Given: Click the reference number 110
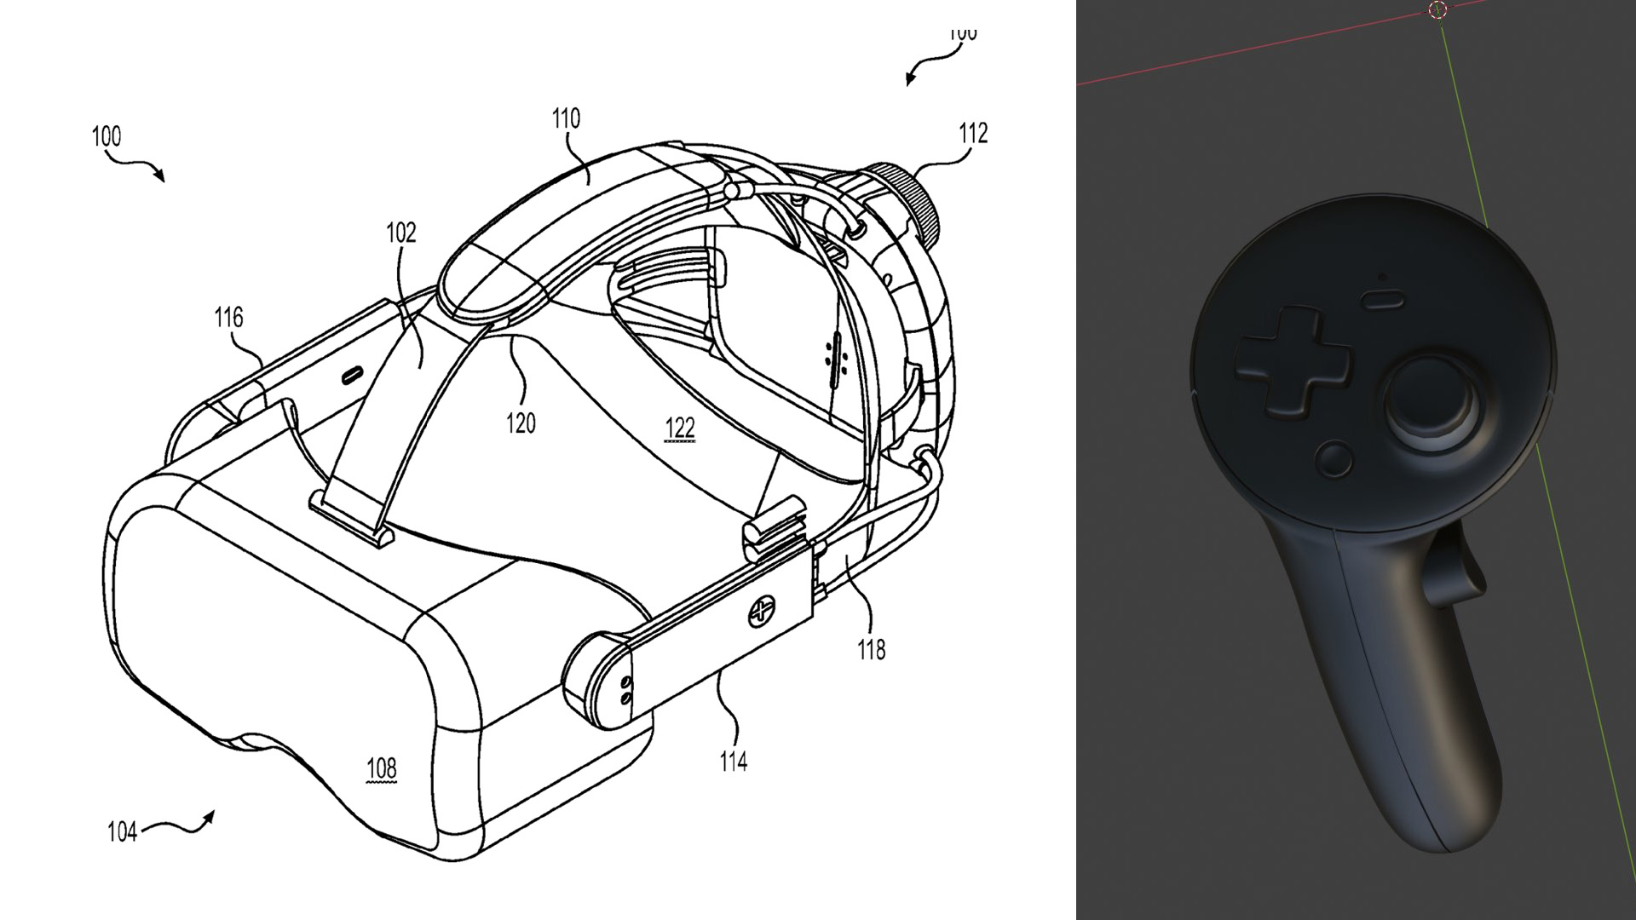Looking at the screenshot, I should coord(566,118).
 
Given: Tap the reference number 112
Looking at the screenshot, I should coord(973,133).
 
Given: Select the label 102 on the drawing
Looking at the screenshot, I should coord(400,233).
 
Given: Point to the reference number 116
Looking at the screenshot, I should coord(228,318).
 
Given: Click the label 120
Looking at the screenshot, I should coord(521,423).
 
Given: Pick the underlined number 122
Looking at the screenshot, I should coord(679,428).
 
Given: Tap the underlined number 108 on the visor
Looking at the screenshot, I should coord(381,768).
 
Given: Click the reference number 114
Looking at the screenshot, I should coord(733,761).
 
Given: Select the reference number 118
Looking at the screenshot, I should coord(871,650).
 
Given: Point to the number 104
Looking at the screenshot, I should coord(122,831).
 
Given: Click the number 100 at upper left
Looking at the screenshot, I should coord(107,136).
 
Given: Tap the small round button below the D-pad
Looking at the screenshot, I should coord(1334,459).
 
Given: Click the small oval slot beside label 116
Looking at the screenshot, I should coord(351,374).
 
